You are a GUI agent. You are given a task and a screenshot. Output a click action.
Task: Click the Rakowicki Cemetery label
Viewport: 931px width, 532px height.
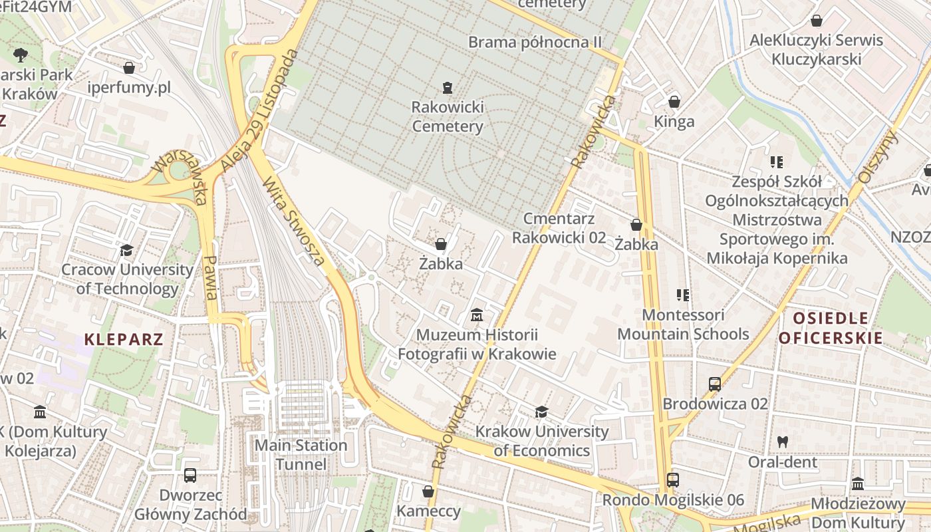pos(447,116)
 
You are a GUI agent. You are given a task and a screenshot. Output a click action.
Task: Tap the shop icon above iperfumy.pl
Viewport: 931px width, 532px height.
pos(129,68)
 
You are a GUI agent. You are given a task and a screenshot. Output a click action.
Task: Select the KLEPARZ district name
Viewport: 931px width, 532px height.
pos(124,340)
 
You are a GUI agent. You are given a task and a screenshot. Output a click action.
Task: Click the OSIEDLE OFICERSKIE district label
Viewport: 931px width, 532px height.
pos(831,328)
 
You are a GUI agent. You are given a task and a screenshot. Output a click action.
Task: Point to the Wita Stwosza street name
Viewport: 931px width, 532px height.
pos(294,221)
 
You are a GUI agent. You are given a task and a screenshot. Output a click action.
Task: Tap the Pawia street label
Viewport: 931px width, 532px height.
pos(211,278)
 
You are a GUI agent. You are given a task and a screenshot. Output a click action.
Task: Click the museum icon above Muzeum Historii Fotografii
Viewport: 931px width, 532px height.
pos(477,314)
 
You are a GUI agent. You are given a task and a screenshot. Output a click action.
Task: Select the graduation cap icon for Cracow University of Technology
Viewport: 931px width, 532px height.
pos(126,251)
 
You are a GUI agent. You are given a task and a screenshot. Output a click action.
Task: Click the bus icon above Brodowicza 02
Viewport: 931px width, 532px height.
pos(715,384)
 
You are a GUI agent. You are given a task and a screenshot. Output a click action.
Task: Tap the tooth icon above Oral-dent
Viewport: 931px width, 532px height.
pos(783,442)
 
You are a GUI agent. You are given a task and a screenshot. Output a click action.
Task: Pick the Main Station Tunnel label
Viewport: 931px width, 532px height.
pos(301,455)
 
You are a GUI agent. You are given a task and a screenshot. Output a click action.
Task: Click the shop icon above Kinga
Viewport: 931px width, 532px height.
pos(674,102)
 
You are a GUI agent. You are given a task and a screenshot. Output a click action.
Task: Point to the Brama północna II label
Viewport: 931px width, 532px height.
pos(535,43)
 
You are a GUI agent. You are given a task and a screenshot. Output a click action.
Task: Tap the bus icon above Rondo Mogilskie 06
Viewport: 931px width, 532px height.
pos(672,479)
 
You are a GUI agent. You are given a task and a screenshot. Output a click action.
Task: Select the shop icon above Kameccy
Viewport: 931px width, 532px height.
pos(428,491)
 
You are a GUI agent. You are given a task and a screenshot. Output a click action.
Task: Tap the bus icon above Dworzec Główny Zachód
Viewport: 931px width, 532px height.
pos(190,475)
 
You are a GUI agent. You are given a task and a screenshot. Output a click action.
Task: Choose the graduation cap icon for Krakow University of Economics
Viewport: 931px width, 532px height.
pos(541,412)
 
